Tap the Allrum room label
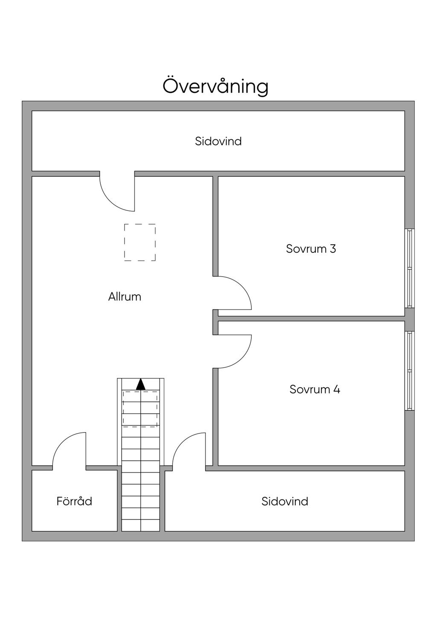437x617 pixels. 125,297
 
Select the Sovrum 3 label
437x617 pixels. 311,248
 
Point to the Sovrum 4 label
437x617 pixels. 315,389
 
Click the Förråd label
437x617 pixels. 74,501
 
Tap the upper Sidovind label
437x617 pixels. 218,141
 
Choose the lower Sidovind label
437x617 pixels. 285,501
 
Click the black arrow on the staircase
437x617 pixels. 141,384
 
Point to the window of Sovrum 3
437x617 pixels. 410,268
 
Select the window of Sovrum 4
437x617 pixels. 410,371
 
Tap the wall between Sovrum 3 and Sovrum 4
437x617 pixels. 312,318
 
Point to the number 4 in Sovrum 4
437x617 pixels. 337,389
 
